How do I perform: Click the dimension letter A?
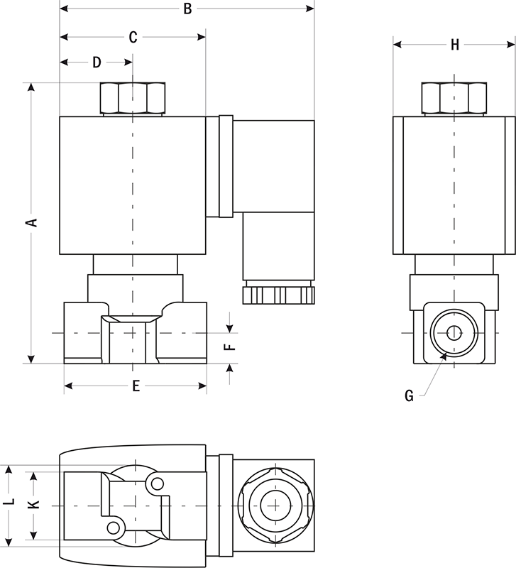(x=33, y=222)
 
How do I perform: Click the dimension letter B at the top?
(x=187, y=9)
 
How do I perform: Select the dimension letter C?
(x=133, y=38)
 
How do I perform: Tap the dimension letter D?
(x=97, y=62)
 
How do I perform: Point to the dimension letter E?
(x=136, y=386)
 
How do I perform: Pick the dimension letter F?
(x=230, y=347)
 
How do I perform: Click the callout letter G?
(x=409, y=396)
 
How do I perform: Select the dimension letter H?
(x=455, y=45)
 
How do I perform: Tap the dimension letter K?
(x=33, y=504)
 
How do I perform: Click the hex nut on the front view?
(x=133, y=98)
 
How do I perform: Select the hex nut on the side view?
(x=454, y=98)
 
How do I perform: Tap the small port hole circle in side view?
(x=454, y=332)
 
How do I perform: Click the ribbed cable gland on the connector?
(x=278, y=295)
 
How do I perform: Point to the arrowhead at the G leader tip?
(x=444, y=356)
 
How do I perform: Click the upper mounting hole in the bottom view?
(x=157, y=484)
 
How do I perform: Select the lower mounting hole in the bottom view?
(x=114, y=528)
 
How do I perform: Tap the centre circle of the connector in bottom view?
(x=275, y=506)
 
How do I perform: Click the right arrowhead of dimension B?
(x=310, y=9)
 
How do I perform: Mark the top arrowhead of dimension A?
(x=31, y=87)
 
